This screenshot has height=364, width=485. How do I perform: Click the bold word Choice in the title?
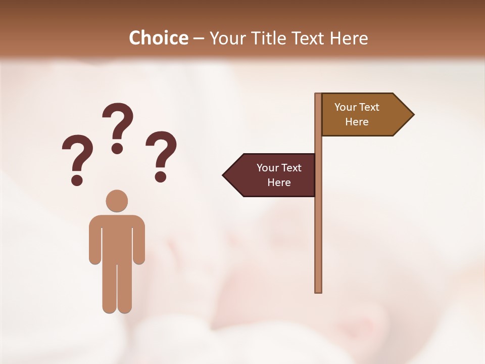(158, 38)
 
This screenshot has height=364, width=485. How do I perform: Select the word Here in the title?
(349, 38)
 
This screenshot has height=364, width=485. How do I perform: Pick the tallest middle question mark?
(118, 126)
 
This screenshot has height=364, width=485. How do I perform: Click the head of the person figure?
(117, 201)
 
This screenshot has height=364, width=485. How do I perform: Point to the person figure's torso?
(117, 238)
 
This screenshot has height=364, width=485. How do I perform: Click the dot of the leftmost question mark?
(77, 180)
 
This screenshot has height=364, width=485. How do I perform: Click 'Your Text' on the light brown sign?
(357, 107)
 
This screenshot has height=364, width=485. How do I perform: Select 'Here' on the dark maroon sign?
(279, 183)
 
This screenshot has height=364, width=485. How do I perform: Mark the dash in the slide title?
(199, 38)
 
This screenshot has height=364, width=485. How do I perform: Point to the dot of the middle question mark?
(118, 148)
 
